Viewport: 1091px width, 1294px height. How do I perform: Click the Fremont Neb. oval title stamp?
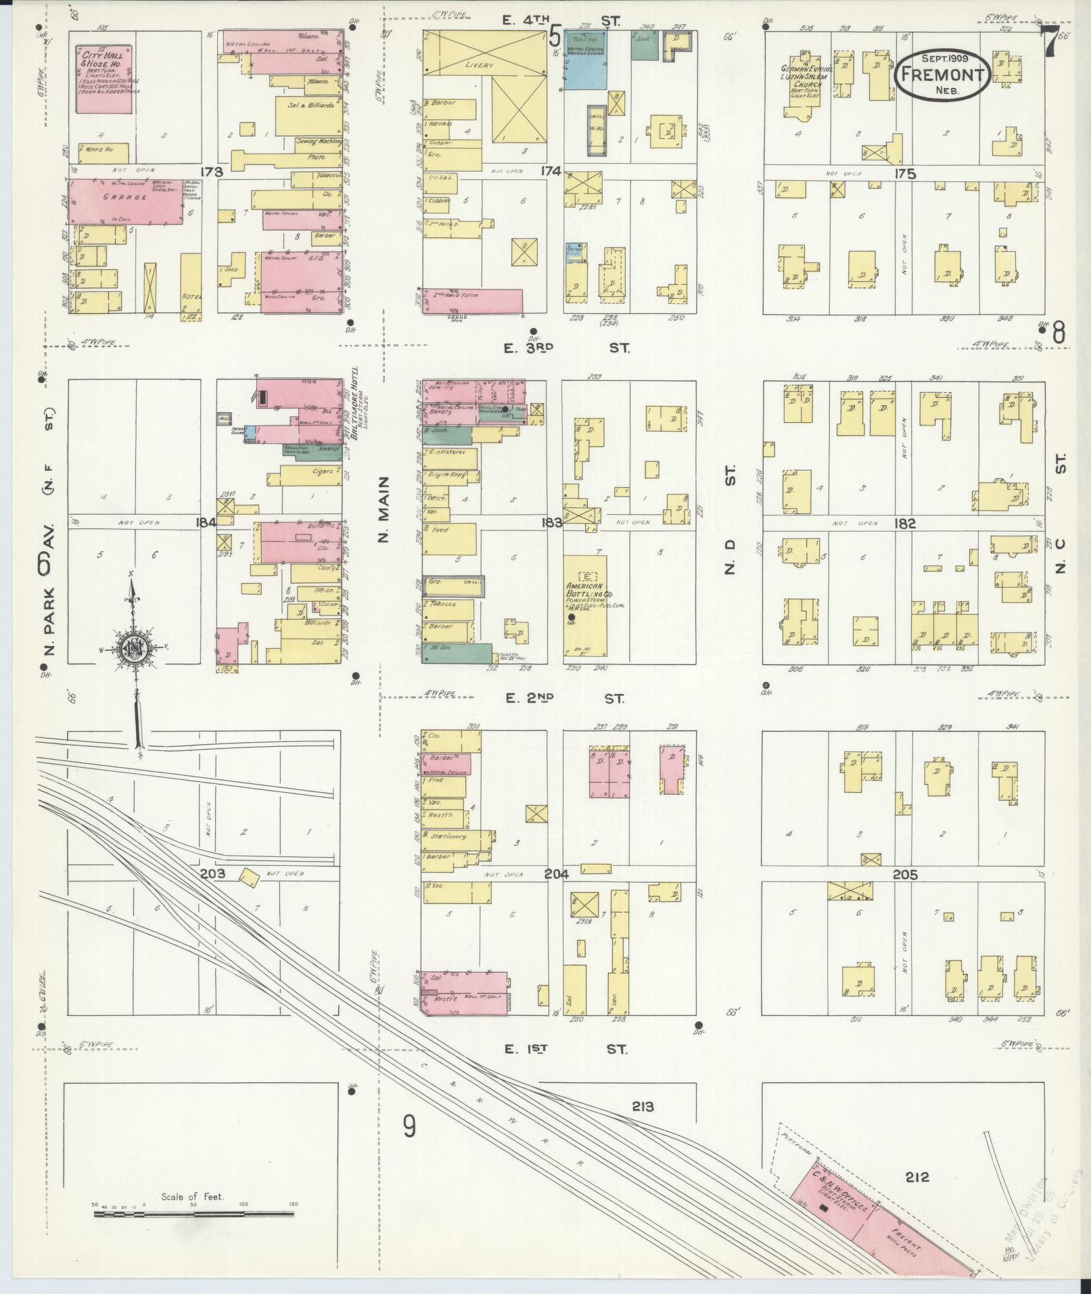click(942, 75)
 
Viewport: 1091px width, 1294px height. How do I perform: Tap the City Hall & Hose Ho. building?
click(103, 72)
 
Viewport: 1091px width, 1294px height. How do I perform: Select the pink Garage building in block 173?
click(126, 200)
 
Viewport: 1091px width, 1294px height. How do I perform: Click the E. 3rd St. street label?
click(567, 348)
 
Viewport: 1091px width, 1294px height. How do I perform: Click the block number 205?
click(905, 875)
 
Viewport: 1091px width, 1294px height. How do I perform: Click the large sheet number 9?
click(409, 1128)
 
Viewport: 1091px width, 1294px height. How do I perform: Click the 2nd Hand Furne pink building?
click(473, 301)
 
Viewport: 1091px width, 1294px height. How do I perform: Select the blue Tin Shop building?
click(585, 60)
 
